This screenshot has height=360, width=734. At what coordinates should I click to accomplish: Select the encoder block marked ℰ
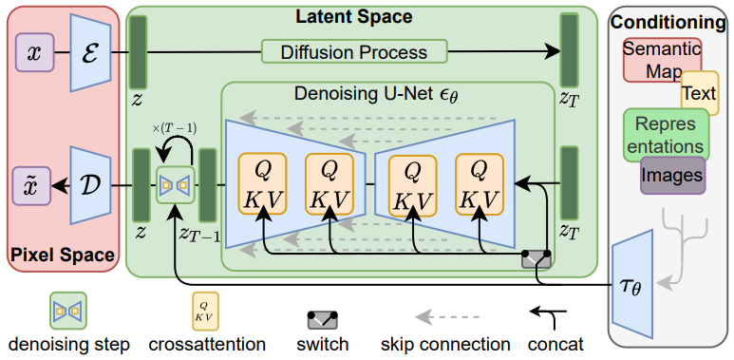point(93,54)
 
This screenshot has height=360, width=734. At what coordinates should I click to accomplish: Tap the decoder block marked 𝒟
point(93,184)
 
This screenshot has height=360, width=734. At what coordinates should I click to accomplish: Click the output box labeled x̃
point(35,184)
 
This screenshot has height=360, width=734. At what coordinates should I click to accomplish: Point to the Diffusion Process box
point(353,51)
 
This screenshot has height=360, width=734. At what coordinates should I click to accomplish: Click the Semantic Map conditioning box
point(661,59)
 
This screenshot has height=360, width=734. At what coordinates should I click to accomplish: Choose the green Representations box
point(666,134)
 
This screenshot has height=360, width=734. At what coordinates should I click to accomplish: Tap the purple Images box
point(671,176)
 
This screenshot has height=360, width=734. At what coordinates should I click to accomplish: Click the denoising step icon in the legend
point(68,309)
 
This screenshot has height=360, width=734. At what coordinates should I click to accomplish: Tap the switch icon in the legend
point(323,319)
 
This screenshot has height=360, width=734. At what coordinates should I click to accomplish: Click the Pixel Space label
point(62,256)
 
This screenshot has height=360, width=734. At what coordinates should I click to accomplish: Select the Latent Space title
point(353,17)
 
